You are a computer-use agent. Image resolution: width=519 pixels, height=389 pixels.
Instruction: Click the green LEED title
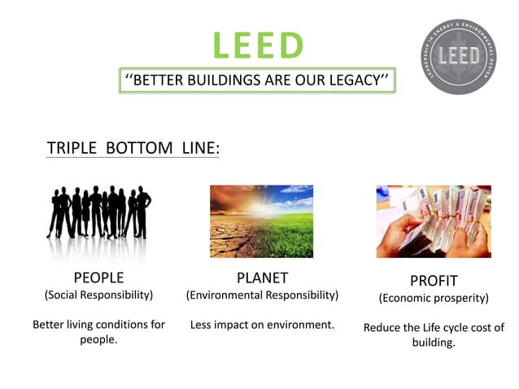coord(258,46)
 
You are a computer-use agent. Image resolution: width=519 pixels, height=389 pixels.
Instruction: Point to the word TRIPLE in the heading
coord(73,148)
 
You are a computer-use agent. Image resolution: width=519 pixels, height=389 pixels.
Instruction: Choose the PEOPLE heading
coord(98,278)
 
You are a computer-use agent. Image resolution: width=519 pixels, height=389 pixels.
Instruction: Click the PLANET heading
coord(262,278)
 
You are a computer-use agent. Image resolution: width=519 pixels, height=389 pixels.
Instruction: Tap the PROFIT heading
coord(434,281)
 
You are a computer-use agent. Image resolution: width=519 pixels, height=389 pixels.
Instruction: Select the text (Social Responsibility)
coord(98,294)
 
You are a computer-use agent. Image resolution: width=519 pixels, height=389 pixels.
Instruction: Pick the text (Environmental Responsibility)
coord(262,294)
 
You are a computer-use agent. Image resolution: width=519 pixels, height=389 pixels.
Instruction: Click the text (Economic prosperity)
coord(434,298)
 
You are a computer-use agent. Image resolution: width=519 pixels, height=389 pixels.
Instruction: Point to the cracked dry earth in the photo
coord(232,240)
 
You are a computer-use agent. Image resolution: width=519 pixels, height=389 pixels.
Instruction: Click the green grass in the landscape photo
coord(289,236)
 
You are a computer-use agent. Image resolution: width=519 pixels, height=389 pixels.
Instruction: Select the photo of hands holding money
coord(433,221)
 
